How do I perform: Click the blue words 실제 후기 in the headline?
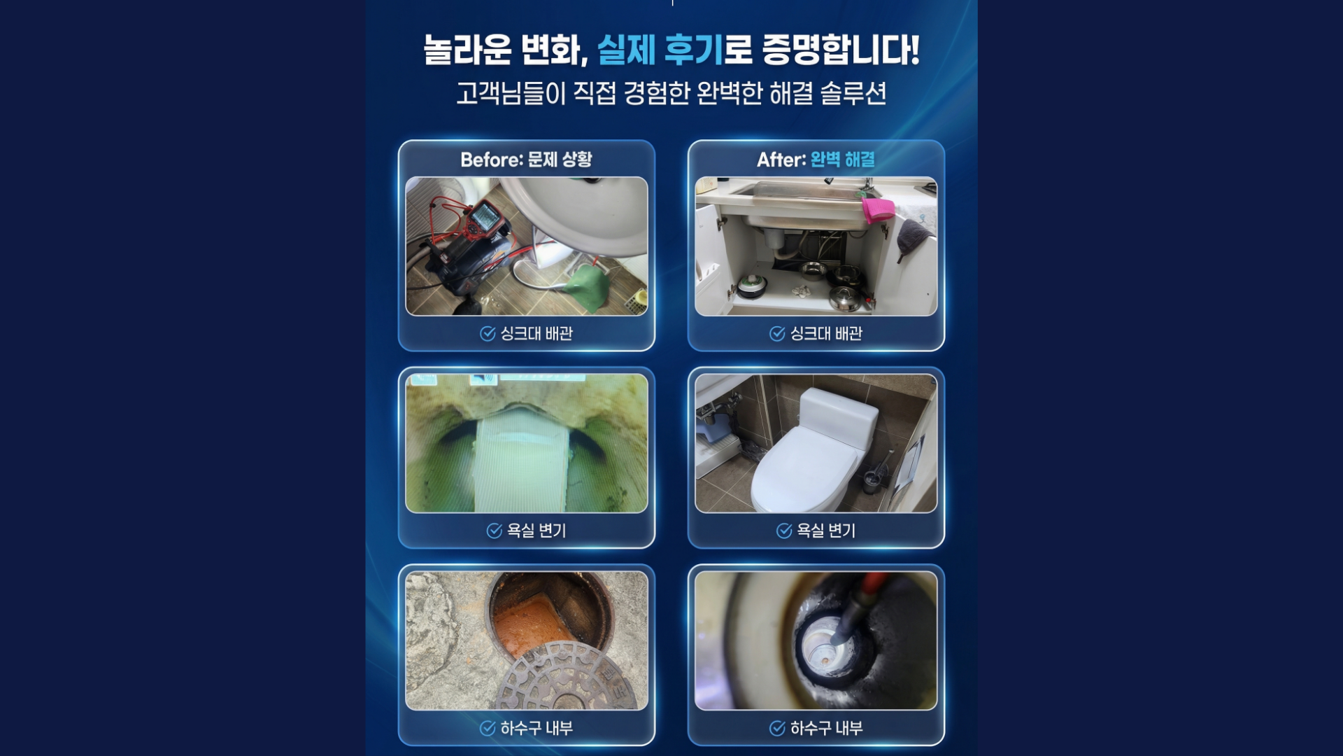pyautogui.click(x=660, y=50)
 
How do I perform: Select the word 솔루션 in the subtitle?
pyautogui.click(x=853, y=93)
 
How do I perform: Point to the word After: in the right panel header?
pyautogui.click(x=781, y=160)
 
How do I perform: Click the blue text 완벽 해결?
pyautogui.click(x=843, y=160)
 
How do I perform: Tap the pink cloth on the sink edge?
pyautogui.click(x=878, y=209)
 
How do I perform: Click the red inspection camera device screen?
pyautogui.click(x=484, y=219)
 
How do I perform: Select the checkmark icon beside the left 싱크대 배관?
pyautogui.click(x=488, y=334)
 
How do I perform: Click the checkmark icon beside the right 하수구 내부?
pyautogui.click(x=777, y=728)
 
